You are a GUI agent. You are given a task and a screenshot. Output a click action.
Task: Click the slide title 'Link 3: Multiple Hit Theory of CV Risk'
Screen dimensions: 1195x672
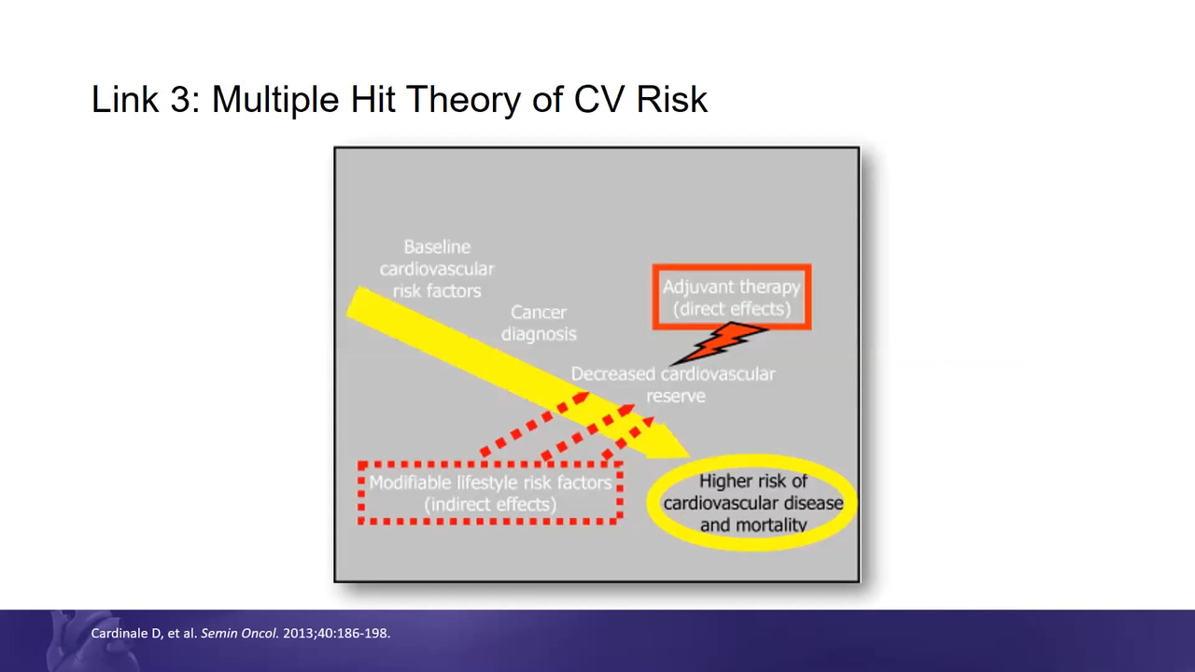399,100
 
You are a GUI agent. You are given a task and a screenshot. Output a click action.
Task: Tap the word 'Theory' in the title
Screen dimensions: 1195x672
462,100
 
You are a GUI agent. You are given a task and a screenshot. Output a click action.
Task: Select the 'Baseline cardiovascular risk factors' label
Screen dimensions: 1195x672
437,269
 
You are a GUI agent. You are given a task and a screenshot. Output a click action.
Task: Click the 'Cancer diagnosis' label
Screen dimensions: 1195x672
539,323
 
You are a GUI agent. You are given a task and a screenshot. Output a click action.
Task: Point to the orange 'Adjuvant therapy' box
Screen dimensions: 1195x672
732,267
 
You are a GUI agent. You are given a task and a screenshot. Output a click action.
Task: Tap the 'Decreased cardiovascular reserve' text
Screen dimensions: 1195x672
673,385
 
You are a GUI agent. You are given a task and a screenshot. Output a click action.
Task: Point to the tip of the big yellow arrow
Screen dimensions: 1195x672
690,457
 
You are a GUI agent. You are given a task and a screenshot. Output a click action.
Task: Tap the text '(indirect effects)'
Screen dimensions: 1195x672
490,505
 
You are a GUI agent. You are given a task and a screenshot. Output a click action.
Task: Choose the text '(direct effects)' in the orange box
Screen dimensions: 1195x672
732,309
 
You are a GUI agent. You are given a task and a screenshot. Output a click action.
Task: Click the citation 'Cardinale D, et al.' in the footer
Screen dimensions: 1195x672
144,634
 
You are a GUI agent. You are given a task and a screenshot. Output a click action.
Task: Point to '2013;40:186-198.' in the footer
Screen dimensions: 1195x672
337,634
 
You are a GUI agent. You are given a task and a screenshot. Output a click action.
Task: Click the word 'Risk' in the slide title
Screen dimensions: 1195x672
671,100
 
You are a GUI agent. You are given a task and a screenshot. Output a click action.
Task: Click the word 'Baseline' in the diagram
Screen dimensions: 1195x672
437,247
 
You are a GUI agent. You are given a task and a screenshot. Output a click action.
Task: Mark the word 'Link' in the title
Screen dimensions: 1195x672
125,100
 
